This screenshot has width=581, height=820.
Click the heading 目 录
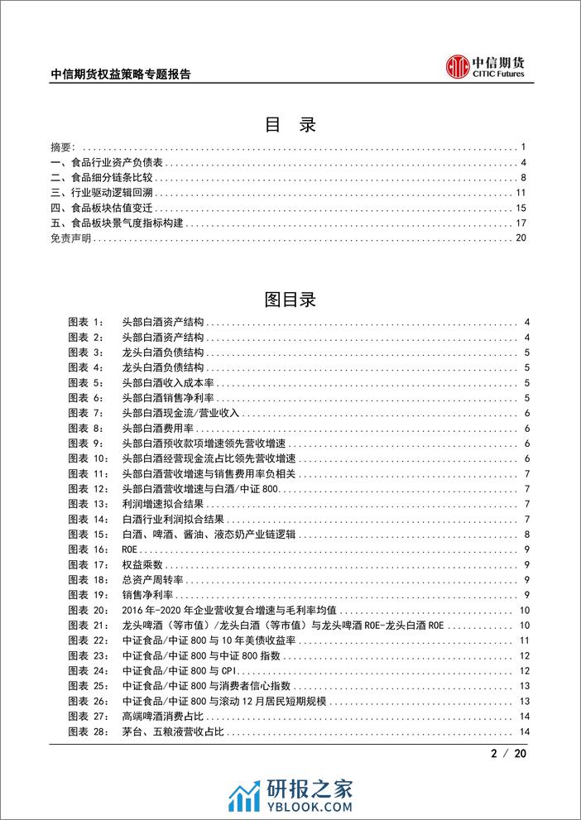pos(290,125)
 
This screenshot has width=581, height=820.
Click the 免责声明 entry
pos(71,238)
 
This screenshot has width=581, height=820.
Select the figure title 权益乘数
pos(137,565)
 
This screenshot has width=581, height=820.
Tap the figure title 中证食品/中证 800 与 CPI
pos(174,671)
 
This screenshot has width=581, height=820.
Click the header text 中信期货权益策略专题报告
pos(121,74)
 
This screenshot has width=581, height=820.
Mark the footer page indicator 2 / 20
pos(513,754)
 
